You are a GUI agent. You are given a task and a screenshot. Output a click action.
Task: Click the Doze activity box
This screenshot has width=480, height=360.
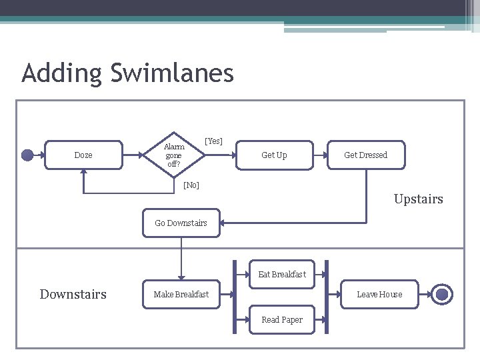[83, 155]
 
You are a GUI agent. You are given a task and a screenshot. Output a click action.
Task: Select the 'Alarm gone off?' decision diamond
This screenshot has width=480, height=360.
[174, 155]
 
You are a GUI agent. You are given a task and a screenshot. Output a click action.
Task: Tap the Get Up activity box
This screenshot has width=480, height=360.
[274, 155]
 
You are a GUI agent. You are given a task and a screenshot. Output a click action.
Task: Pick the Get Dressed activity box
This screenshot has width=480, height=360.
[365, 155]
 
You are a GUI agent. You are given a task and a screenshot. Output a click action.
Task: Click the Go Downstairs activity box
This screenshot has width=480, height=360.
[181, 223]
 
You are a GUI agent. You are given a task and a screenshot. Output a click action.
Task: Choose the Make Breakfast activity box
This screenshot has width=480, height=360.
[181, 295]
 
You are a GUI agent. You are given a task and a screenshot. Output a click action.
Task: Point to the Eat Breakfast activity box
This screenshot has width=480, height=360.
[282, 274]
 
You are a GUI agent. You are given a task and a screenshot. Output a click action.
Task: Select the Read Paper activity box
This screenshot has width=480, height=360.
[282, 320]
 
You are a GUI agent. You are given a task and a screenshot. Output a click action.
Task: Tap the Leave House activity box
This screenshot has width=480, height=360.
[379, 295]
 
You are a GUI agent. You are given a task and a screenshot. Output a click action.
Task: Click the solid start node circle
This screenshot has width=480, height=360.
[27, 155]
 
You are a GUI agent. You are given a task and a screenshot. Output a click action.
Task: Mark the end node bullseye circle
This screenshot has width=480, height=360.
[443, 294]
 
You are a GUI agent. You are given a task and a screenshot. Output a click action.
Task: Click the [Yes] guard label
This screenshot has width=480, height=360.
[214, 141]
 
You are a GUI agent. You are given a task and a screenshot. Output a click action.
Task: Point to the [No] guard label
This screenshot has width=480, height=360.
[191, 185]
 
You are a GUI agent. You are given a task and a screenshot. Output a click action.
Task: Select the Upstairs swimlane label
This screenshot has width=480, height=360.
[418, 199]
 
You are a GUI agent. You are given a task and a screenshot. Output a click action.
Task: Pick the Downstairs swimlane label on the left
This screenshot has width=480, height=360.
[73, 295]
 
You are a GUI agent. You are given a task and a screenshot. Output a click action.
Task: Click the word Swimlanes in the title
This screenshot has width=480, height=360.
[172, 73]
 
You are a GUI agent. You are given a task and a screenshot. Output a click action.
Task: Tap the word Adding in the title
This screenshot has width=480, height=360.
[62, 73]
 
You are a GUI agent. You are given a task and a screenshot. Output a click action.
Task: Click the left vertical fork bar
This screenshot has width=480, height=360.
[235, 296]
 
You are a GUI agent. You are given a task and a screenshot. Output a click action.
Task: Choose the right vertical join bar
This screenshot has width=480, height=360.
[325, 296]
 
